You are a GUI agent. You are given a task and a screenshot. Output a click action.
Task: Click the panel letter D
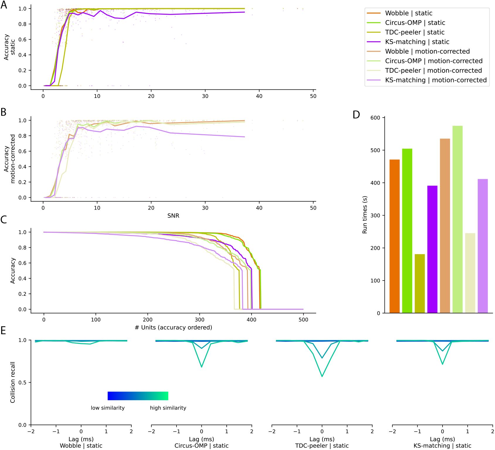pyautogui.click(x=356, y=115)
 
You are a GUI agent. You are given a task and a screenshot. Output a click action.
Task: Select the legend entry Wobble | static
pyautogui.click(x=408, y=13)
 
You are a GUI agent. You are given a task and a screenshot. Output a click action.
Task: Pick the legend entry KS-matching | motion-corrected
pyautogui.click(x=436, y=80)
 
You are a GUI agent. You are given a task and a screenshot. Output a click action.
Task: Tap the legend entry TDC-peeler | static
pyautogui.click(x=415, y=32)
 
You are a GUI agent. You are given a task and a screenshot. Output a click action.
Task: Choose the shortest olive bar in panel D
pyautogui.click(x=420, y=283)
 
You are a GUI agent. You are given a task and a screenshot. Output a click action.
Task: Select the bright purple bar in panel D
pyautogui.click(x=432, y=249)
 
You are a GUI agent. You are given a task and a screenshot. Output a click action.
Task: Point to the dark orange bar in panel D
pyautogui.click(x=394, y=236)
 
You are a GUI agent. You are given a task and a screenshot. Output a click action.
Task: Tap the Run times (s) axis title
pyautogui.click(x=365, y=215)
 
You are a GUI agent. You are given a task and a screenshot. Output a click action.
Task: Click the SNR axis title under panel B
pyautogui.click(x=173, y=216)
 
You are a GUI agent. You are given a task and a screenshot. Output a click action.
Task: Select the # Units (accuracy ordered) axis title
pyautogui.click(x=173, y=327)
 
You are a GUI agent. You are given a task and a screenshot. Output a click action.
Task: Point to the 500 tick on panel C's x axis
pyautogui.click(x=303, y=320)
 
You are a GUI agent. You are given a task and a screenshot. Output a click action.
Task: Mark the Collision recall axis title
pyautogui.click(x=13, y=382)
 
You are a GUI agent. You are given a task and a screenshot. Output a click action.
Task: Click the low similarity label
pyautogui.click(x=108, y=408)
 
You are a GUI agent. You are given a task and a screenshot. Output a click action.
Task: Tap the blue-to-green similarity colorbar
pyautogui.click(x=138, y=396)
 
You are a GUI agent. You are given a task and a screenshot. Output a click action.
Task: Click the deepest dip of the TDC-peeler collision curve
pyautogui.click(x=322, y=376)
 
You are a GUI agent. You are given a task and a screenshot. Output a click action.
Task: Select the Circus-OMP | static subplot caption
pyautogui.click(x=201, y=446)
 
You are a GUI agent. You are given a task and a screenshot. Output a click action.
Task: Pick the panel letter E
pyautogui.click(x=4, y=331)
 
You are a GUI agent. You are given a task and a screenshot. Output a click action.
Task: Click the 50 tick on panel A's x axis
pyautogui.click(x=313, y=96)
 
